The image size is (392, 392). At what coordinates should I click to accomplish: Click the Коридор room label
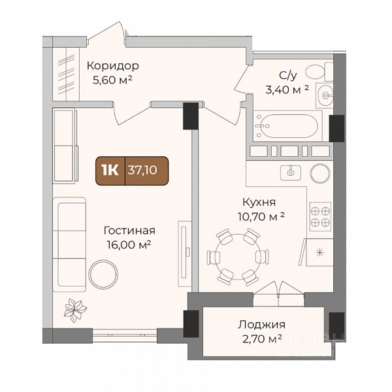click(113, 66)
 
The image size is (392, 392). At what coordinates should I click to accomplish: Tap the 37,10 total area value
click(142, 171)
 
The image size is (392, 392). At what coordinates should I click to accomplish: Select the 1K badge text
click(110, 171)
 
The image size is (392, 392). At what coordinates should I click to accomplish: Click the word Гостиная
click(129, 231)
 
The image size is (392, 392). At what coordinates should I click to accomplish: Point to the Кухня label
click(259, 202)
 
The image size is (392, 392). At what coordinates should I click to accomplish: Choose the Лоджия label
click(261, 325)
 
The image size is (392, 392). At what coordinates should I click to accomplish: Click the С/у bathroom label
click(288, 75)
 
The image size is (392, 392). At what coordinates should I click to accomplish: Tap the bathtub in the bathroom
click(287, 126)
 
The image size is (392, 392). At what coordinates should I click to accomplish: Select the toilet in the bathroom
click(319, 71)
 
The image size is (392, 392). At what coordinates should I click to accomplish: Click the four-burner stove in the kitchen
click(321, 216)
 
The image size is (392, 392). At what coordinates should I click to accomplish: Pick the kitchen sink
click(291, 172)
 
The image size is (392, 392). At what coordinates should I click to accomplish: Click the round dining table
click(238, 257)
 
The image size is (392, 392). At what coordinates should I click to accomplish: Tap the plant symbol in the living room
click(75, 310)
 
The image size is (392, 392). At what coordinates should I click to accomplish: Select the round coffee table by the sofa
click(103, 274)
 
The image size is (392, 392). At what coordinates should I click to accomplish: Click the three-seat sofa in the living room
click(69, 244)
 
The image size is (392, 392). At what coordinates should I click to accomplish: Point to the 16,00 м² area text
click(129, 244)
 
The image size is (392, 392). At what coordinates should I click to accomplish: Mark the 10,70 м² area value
click(261, 216)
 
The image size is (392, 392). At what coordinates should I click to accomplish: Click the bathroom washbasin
click(325, 95)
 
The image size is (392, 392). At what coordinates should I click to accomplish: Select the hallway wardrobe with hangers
click(66, 74)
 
